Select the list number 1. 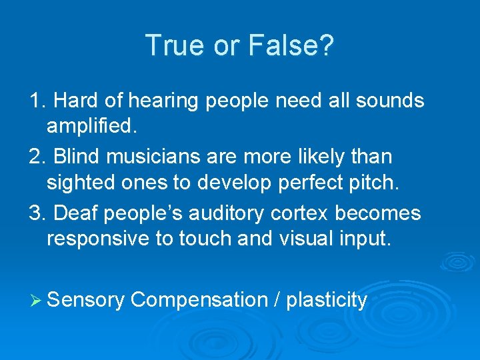[37, 101]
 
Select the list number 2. [37, 157]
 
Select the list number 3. [37, 213]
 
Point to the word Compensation [199, 301]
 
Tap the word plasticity [327, 301]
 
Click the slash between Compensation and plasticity [277, 301]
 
